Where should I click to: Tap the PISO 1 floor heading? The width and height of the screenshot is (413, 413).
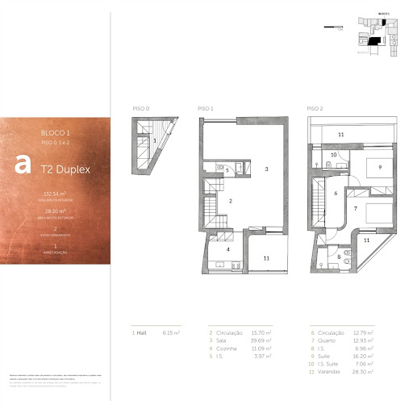tap(205, 108)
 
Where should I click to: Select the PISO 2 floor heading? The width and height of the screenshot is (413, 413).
tap(315, 108)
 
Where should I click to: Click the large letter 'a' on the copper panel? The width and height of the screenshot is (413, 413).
tap(23, 164)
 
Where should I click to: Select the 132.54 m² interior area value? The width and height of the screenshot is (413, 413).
tap(54, 194)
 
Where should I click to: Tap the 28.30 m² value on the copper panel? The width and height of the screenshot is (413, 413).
tap(54, 211)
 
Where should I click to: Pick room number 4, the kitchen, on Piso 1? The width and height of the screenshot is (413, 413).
tap(228, 250)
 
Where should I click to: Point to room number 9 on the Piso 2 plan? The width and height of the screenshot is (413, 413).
tap(379, 168)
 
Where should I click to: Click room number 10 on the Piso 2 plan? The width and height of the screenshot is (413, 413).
tap(333, 154)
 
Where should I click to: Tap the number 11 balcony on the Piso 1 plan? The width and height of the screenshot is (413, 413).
tap(265, 258)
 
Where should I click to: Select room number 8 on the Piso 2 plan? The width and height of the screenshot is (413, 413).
tap(338, 258)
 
